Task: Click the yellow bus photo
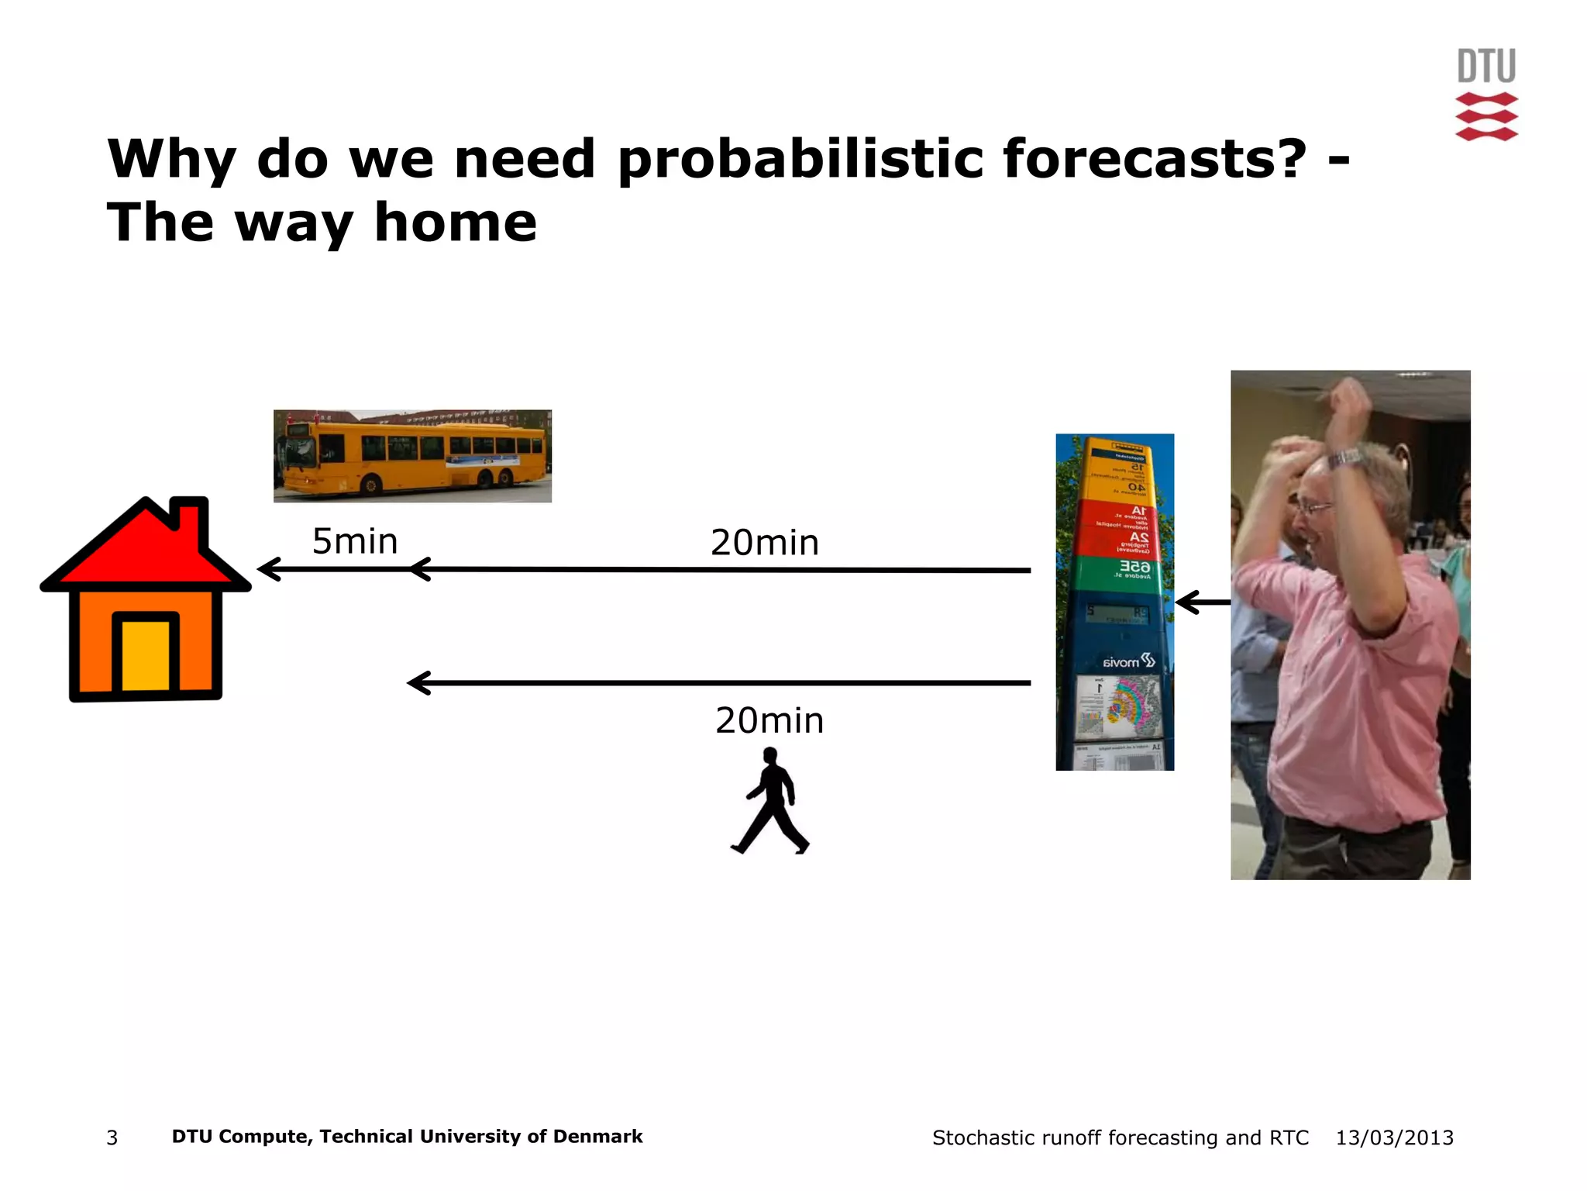pos(412,456)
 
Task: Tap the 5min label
pos(355,541)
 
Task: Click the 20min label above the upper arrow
pos(765,543)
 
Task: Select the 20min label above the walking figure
pos(769,721)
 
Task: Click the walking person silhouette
pos(770,802)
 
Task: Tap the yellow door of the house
pos(146,655)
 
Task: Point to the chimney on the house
pos(190,520)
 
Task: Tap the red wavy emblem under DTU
pos(1486,116)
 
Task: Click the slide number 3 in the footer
pos(112,1137)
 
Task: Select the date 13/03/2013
pos(1394,1137)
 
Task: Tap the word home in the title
pos(455,223)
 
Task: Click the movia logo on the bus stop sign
pos(1128,661)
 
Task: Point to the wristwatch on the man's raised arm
pos(1347,459)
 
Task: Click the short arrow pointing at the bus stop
pos(1202,602)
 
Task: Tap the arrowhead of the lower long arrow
pos(419,683)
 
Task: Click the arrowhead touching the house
pos(267,570)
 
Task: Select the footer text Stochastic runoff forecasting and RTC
pos(1120,1137)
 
